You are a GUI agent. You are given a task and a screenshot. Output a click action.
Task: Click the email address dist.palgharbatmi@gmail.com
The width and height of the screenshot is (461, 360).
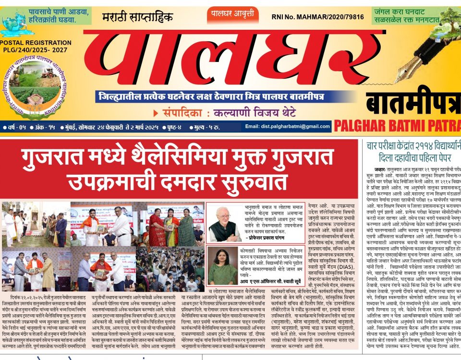coord(288,127)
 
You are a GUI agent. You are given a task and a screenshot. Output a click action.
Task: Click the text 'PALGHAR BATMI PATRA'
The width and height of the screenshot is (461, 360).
coord(397,126)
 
